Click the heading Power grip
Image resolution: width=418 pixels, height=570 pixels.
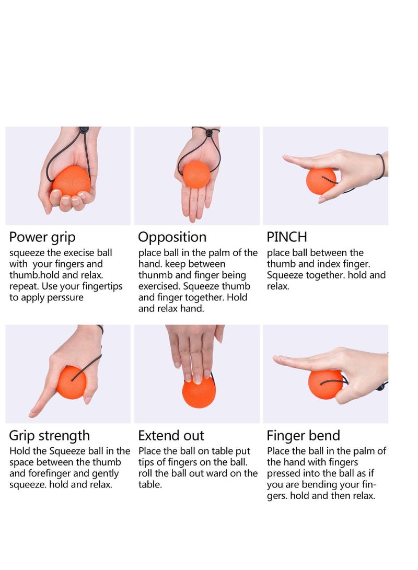[42, 237]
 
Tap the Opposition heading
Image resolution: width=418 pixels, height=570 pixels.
[172, 237]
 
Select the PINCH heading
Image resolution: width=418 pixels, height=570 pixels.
[286, 237]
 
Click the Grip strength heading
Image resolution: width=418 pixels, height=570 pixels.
[49, 436]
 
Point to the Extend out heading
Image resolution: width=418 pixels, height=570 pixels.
[171, 436]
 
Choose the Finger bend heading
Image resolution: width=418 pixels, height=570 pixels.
[303, 436]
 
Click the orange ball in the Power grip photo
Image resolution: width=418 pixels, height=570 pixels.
[71, 181]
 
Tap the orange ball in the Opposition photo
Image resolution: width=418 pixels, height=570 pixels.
[196, 175]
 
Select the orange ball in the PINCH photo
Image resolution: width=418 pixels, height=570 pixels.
[320, 181]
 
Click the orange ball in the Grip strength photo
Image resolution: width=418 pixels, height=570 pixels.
[71, 382]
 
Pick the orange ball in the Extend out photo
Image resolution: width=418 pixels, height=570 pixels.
[199, 392]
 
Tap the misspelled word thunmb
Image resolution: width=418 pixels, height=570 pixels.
[156, 275]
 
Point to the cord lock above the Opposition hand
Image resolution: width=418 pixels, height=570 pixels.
[209, 133]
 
